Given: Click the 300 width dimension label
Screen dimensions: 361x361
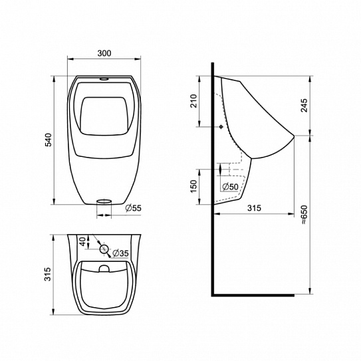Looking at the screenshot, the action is [104, 53].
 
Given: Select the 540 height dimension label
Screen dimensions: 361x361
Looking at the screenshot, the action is [49, 140].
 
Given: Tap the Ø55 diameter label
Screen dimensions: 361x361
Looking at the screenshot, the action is [134, 208].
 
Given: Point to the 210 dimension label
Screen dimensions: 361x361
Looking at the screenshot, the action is [194, 101].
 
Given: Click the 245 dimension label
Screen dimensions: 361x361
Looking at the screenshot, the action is [304, 105].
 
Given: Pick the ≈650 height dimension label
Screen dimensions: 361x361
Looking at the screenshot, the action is [304, 215].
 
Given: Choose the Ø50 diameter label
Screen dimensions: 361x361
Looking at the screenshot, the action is [231, 187].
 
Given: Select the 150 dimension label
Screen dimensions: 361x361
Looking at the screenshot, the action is [194, 186].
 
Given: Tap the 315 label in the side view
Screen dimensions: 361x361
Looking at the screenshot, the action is [254, 208].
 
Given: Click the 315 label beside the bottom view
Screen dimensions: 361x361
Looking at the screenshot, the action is [48, 274].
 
